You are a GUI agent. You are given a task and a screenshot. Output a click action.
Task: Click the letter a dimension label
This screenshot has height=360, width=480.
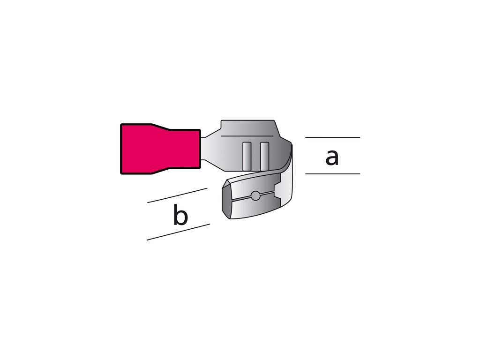click(x=332, y=157)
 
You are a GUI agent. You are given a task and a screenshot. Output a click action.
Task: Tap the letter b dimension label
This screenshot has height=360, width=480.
click(x=180, y=215)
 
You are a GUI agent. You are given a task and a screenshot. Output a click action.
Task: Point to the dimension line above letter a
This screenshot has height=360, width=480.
click(x=332, y=137)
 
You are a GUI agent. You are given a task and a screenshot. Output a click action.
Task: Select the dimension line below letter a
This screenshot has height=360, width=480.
click(x=332, y=174)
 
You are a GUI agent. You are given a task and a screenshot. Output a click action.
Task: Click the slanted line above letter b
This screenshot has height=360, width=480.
click(x=177, y=195)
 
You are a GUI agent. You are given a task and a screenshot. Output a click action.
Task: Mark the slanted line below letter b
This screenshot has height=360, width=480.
click(x=178, y=232)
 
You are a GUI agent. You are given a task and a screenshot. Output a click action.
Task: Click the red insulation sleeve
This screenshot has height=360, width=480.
click(x=161, y=149)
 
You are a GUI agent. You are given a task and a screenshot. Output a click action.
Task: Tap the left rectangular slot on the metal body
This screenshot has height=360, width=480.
click(x=247, y=156)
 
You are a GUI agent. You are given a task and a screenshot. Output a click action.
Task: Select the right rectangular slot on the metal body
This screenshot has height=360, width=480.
click(x=264, y=156)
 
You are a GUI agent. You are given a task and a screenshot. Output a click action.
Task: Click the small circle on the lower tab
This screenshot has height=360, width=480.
click(x=255, y=195)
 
